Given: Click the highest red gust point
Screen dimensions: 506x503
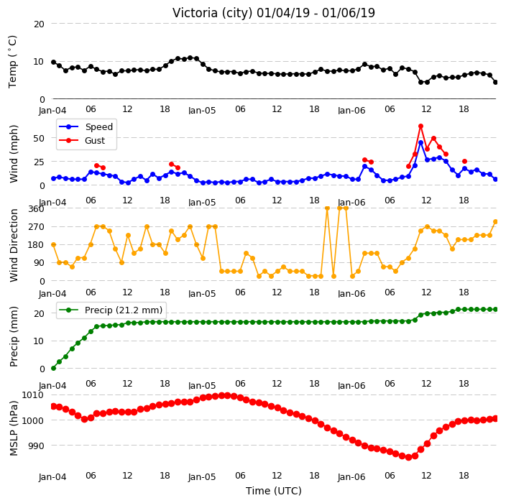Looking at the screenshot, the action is pos(420,126).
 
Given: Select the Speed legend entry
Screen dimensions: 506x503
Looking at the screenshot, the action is pos(86,126).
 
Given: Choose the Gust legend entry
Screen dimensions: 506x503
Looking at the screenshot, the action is pos(82,140).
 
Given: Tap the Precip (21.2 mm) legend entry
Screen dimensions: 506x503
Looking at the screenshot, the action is pos(111,310).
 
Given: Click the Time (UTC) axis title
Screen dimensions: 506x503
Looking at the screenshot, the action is pos(274,491).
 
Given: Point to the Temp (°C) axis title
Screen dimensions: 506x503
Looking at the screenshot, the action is pos(13,62).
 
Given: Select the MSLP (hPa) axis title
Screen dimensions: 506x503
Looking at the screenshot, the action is pos(13,428).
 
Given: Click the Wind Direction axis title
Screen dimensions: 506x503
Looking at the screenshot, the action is pos(14,245).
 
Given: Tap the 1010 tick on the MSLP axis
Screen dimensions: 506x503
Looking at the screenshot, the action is pos(32,395).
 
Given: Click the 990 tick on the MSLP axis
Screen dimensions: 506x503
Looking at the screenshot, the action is pos(35,446).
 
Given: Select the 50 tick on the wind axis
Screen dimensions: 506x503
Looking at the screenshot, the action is pos(39,138).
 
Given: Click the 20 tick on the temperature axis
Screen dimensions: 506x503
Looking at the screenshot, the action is pos(39,24).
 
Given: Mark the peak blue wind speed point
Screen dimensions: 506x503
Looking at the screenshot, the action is pos(420,142).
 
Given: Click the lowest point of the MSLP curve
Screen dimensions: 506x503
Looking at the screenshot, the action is pos(408,457).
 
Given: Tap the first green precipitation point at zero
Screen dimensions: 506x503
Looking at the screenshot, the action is pos(54,368).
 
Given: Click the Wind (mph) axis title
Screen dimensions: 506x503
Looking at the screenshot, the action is pos(14,154).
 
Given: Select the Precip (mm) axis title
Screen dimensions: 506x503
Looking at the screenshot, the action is pos(14,336).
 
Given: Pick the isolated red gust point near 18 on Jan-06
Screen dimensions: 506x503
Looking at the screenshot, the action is pos(465,162).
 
